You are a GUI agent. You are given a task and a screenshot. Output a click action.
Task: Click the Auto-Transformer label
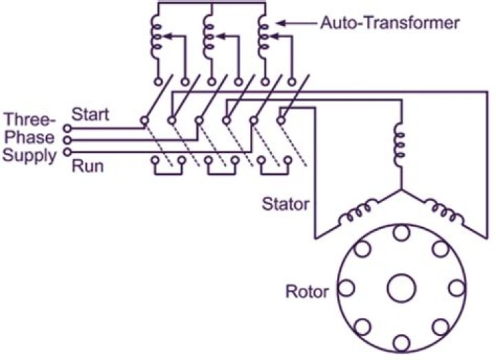click(390, 23)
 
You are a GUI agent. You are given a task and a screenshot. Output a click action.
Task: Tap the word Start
click(90, 114)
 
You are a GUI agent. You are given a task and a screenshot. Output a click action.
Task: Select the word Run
click(87, 167)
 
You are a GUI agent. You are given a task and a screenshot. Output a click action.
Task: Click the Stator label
click(285, 204)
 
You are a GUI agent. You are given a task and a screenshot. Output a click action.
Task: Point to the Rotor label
click(307, 291)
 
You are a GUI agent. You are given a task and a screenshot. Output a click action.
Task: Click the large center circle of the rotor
click(402, 288)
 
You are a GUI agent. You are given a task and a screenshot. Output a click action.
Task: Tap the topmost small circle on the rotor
click(402, 233)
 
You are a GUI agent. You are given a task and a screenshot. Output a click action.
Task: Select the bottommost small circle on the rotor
click(402, 343)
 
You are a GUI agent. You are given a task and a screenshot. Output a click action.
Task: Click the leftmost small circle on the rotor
click(346, 288)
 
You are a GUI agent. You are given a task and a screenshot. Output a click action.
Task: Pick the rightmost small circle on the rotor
click(457, 288)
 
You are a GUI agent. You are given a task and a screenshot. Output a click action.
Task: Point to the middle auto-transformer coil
click(209, 36)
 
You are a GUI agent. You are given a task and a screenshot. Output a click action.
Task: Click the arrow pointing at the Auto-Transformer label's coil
click(298, 23)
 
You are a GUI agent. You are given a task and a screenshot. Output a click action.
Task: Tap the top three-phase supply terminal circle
click(68, 128)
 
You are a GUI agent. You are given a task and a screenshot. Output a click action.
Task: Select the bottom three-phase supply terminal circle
click(68, 152)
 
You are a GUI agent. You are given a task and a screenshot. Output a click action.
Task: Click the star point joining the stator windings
click(402, 190)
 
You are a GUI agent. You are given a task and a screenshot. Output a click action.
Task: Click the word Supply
click(29, 156)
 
